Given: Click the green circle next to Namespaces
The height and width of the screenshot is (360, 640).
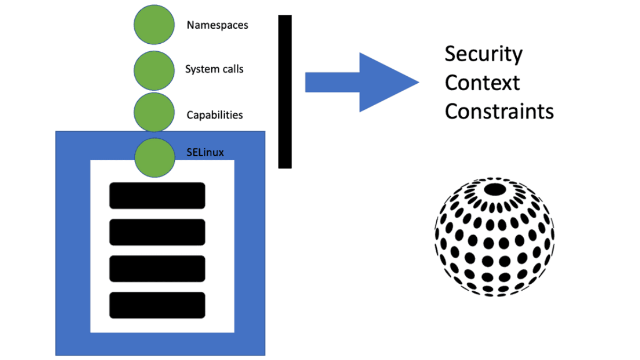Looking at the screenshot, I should (x=154, y=25).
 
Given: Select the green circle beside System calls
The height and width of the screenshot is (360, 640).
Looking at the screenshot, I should (x=154, y=69).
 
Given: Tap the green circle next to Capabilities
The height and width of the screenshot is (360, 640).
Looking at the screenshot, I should (x=154, y=112).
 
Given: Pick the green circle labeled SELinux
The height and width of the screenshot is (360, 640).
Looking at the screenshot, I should (x=155, y=157).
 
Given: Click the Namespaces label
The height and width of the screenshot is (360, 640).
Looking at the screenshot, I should (x=217, y=25).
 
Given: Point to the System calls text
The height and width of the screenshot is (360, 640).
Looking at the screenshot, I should (x=214, y=69).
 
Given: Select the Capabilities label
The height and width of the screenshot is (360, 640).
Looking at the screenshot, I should (x=214, y=115).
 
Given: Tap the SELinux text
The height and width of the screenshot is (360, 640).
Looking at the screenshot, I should (x=205, y=153).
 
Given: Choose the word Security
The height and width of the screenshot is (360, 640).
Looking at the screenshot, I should (x=483, y=54).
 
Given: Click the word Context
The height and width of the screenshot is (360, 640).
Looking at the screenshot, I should (x=482, y=83).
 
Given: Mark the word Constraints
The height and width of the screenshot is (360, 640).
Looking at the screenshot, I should (x=499, y=111).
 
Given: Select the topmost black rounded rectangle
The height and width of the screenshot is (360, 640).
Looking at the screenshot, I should (x=157, y=196).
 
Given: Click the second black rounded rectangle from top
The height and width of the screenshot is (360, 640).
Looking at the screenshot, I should (x=157, y=232).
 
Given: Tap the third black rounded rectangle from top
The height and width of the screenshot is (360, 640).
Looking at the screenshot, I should (x=157, y=269).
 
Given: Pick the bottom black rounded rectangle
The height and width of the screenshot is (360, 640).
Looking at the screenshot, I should (x=157, y=306).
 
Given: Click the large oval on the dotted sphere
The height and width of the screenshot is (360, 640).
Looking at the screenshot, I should (x=495, y=189).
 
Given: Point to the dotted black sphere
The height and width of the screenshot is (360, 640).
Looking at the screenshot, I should (x=495, y=237).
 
